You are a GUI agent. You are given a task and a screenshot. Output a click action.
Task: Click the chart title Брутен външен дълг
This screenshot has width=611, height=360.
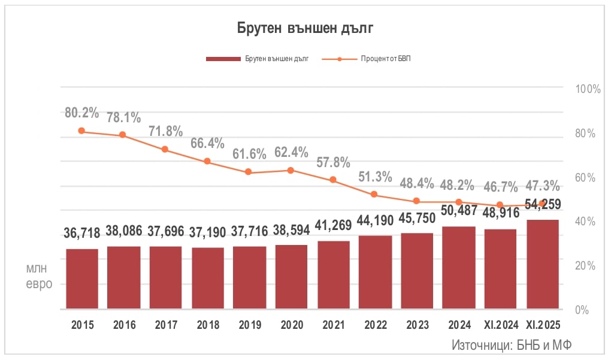click(305, 28)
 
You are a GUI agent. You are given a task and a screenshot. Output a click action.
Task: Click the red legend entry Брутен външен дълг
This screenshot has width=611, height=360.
click(257, 59)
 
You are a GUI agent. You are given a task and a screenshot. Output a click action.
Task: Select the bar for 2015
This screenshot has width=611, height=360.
click(82, 279)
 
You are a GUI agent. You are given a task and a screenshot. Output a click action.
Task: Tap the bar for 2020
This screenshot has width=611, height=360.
click(291, 277)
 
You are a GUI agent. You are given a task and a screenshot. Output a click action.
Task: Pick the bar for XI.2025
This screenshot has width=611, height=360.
click(543, 265)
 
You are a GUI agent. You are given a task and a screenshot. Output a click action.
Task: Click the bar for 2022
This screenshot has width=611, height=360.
click(375, 273)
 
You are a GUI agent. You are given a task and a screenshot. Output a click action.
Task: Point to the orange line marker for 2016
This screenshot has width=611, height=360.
click(123, 135)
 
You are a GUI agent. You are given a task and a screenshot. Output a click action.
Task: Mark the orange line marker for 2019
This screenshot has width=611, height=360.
click(249, 173)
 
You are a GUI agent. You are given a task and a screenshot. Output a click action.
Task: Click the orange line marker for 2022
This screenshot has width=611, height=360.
click(374, 195)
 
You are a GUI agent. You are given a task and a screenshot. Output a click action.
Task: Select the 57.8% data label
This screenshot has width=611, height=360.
click(333, 162)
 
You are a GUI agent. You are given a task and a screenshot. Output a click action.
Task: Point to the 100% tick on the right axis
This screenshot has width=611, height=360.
click(587, 89)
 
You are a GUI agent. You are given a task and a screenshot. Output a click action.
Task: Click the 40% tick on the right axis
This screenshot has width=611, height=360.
click(585, 222)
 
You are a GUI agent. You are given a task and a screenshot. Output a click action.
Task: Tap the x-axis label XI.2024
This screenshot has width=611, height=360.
click(501, 325)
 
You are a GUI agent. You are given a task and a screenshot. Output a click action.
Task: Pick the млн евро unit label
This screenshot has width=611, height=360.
click(38, 277)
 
